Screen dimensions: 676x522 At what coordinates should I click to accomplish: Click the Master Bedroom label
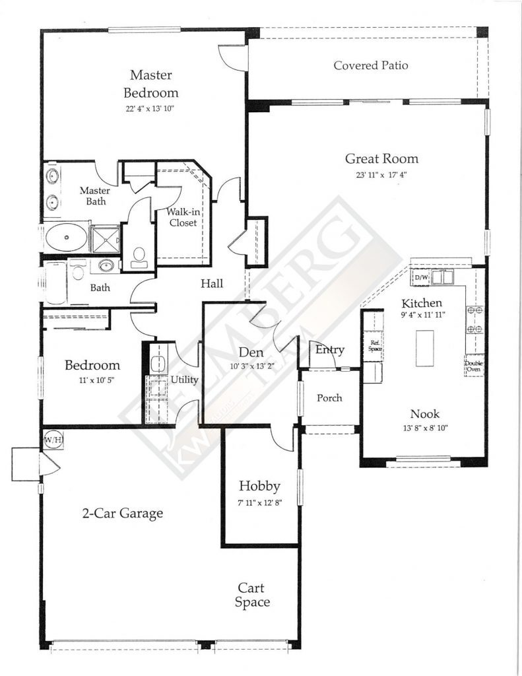coord(154,83)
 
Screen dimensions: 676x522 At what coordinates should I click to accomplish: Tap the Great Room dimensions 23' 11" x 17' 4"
coord(381,176)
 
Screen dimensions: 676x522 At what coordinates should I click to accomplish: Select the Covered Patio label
coord(370,65)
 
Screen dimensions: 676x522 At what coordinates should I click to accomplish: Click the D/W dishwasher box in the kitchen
coord(420,279)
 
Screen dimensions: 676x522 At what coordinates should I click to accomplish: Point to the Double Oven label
coord(473,366)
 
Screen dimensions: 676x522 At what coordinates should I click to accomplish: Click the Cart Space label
coord(253,595)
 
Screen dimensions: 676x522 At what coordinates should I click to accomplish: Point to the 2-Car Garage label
coord(122,513)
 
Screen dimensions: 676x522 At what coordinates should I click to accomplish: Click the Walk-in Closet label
coord(181,217)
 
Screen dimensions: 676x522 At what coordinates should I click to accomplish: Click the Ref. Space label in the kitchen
coord(374,345)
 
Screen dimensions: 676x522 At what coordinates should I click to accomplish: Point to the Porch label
coord(329,398)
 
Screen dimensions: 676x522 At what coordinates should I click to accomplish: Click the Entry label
coord(329,349)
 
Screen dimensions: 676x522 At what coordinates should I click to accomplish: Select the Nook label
coord(424,414)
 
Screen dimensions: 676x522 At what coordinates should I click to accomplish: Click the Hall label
coord(212,284)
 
